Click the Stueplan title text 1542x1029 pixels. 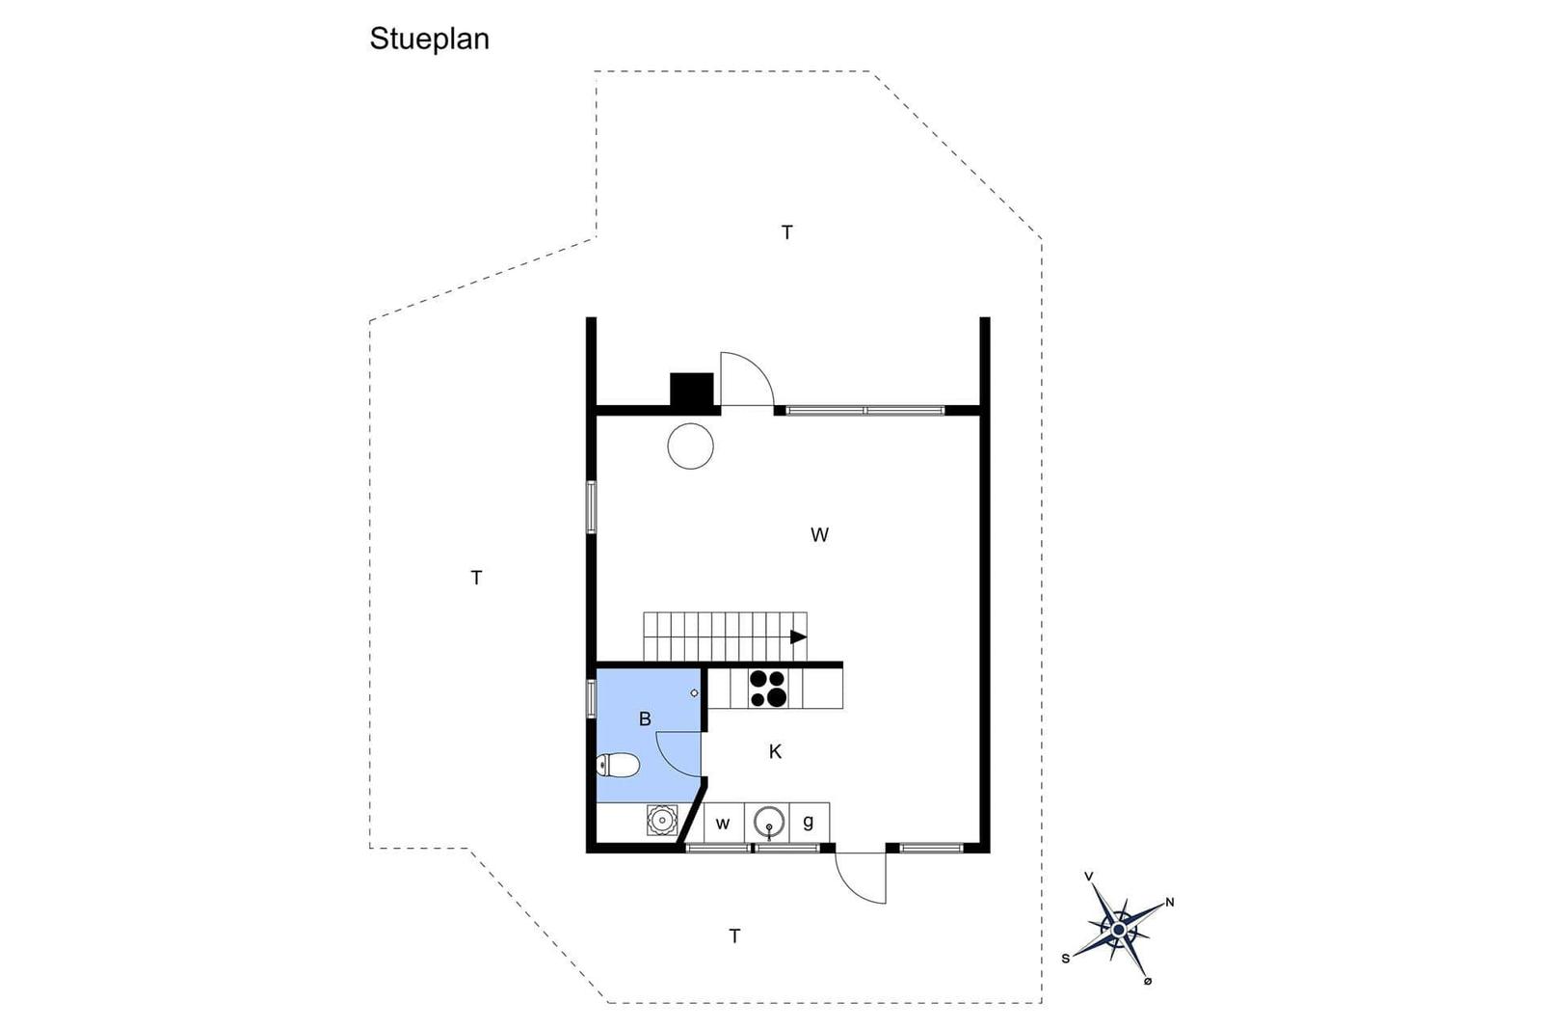click(x=429, y=40)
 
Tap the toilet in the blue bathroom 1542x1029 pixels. click(x=618, y=765)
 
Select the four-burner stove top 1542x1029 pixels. click(x=768, y=688)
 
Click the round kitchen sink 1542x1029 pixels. click(x=769, y=822)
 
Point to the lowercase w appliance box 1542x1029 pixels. click(x=723, y=823)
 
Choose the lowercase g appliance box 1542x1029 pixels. click(x=809, y=822)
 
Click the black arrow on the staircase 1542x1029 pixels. click(x=799, y=636)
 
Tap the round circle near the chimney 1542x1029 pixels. click(x=690, y=447)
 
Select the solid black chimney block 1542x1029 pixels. click(x=692, y=390)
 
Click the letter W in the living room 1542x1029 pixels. click(x=819, y=534)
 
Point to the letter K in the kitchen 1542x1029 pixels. click(x=775, y=751)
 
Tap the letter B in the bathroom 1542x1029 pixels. click(x=645, y=719)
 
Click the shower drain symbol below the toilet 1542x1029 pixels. click(x=662, y=820)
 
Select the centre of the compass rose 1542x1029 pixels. click(x=1119, y=931)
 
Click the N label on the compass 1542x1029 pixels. click(x=1170, y=903)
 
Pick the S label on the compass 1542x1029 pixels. click(x=1066, y=959)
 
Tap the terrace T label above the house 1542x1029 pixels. click(x=786, y=232)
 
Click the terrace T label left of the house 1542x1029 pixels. click(x=476, y=578)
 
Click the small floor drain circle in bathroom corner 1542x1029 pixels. click(x=695, y=692)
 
